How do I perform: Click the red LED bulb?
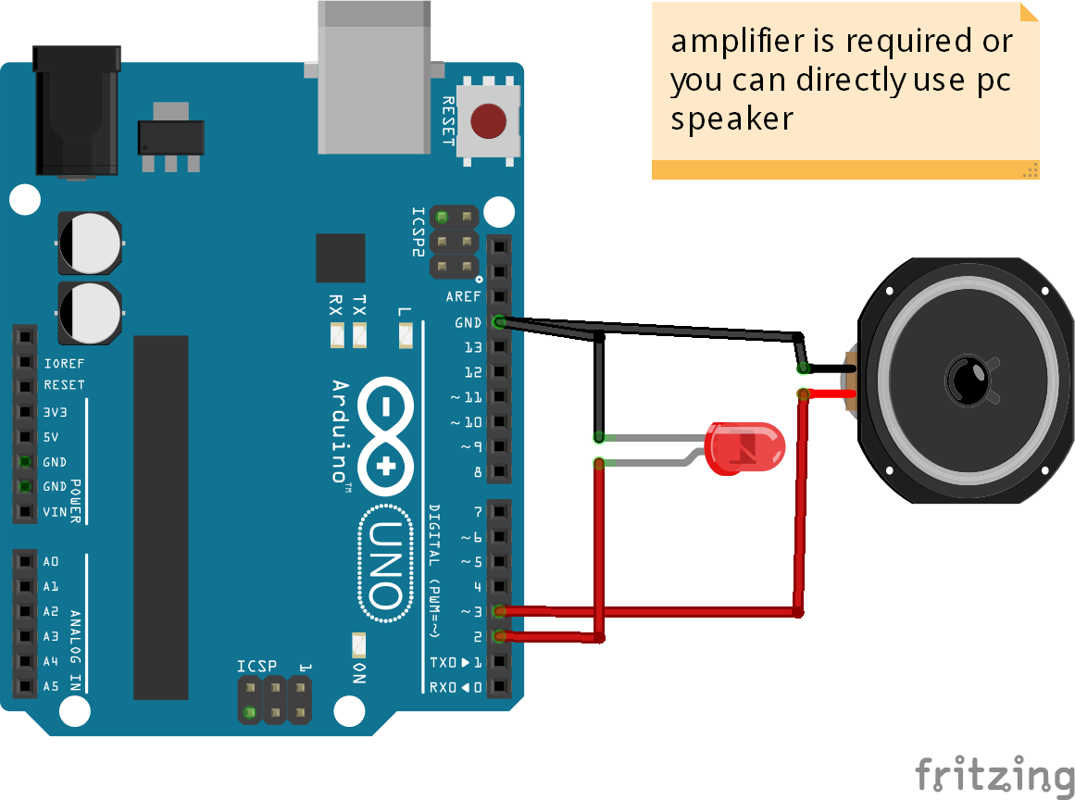[x=745, y=447]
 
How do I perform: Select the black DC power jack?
[x=76, y=111]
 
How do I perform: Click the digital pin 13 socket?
[x=499, y=347]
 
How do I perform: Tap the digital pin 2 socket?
[x=499, y=636]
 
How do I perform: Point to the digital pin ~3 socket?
[x=499, y=611]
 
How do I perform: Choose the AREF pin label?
[x=463, y=297]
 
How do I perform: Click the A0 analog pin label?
[x=51, y=561]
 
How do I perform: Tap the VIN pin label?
[x=55, y=511]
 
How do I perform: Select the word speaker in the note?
[x=731, y=119]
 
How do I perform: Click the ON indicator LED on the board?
[x=359, y=643]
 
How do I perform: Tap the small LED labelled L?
[x=405, y=334]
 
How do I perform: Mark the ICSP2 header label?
[x=418, y=232]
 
